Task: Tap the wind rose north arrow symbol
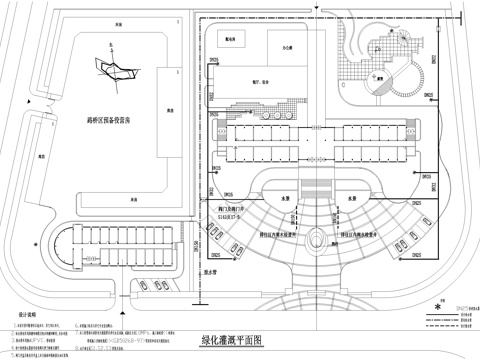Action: click(x=111, y=68)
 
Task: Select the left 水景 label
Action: click(x=282, y=197)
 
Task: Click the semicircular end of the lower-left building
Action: click(x=63, y=246)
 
